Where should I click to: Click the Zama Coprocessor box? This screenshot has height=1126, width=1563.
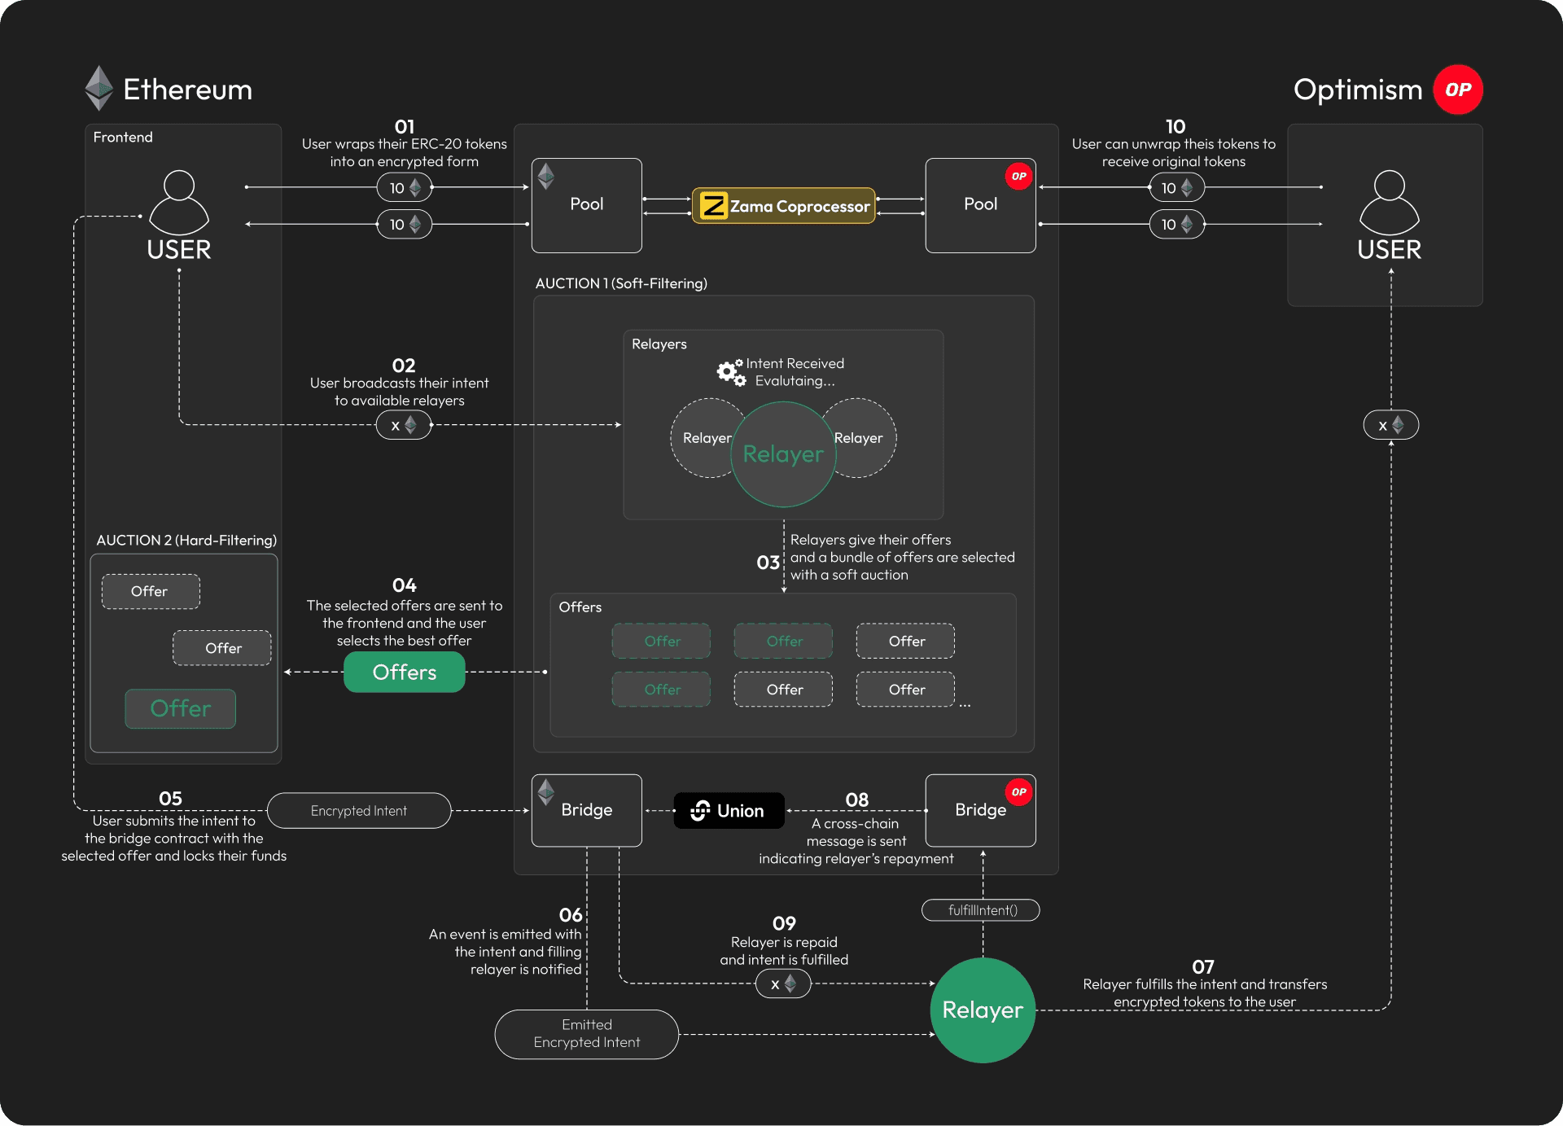click(x=783, y=206)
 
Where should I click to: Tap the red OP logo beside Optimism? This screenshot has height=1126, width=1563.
click(x=1458, y=90)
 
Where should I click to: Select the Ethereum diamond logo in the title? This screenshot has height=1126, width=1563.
click(x=99, y=88)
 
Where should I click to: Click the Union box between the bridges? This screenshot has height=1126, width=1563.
click(x=729, y=811)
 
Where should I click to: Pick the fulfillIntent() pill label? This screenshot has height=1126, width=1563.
click(x=981, y=910)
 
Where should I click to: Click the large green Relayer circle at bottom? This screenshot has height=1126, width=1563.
click(x=983, y=1010)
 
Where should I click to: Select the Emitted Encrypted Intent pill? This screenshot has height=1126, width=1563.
click(x=586, y=1034)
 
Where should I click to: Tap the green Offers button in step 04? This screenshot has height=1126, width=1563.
click(x=404, y=673)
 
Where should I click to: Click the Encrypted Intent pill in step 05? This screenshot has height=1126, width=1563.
click(x=358, y=811)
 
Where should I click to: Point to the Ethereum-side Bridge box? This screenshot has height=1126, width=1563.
click(x=586, y=810)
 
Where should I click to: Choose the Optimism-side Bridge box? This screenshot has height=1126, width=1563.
click(x=980, y=810)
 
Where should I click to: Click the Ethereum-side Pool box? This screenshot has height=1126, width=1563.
click(x=586, y=205)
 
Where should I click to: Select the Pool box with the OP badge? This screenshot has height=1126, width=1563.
click(x=980, y=205)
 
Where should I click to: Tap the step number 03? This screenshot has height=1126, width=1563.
click(x=768, y=563)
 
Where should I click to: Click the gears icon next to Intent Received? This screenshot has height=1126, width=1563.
click(x=730, y=372)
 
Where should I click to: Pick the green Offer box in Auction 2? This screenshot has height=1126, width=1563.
click(x=180, y=708)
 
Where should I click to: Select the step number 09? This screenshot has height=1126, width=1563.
click(x=784, y=923)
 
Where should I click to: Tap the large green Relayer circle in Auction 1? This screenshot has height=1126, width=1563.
click(x=783, y=454)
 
